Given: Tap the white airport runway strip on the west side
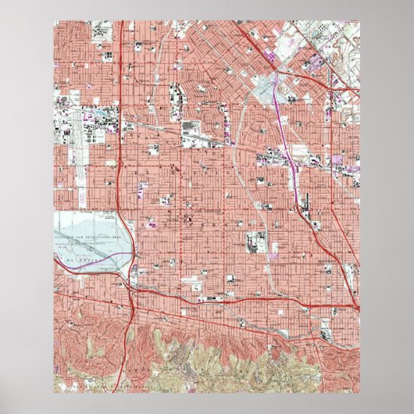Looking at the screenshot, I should click(75, 141).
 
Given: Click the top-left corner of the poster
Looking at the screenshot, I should click(54, 23).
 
